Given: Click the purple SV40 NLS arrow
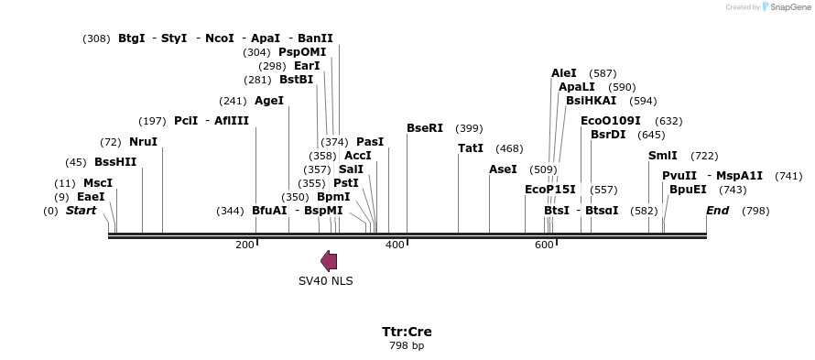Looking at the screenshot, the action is (329, 261).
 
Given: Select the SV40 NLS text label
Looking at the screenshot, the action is (325, 281).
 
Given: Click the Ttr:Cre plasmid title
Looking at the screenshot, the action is (407, 332).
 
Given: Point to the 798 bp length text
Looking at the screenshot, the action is (407, 345).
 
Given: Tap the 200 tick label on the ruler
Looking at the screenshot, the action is (244, 245).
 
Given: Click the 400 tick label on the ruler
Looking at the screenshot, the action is (395, 245).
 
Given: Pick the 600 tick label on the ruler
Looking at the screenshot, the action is (544, 245).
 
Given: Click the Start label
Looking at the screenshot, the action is (81, 211).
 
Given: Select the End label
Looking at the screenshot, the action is (717, 211).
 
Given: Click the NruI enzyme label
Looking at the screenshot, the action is (143, 142).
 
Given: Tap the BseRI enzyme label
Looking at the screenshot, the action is (425, 128).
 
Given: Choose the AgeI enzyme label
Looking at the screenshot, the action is (269, 101).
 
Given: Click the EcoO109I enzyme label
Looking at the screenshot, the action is (611, 121).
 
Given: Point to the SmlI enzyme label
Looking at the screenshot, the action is (663, 156).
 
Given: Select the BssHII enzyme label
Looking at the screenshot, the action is (115, 162).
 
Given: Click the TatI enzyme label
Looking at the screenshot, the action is (471, 148).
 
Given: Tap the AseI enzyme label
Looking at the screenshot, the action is (503, 169).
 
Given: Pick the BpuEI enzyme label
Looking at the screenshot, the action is (688, 190).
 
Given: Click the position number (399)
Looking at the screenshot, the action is (469, 128).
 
